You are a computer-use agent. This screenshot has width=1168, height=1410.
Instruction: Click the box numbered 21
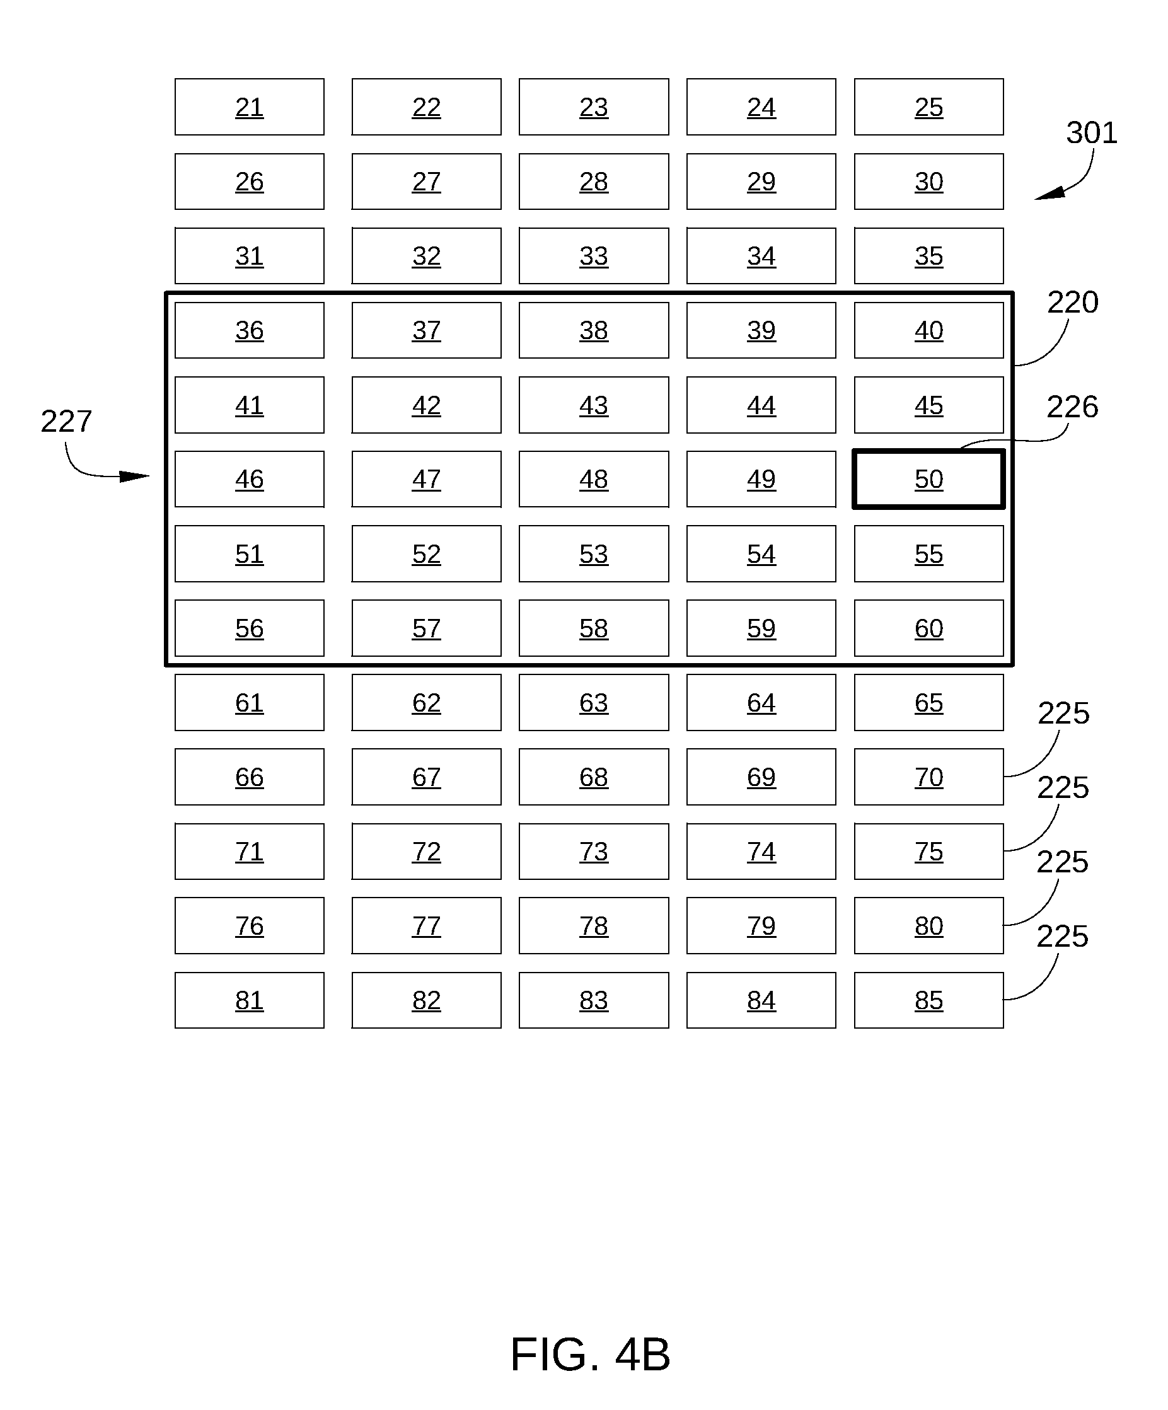249,107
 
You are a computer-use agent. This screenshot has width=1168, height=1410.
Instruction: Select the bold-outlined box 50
928,479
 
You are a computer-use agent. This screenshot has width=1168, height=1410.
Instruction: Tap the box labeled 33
593,256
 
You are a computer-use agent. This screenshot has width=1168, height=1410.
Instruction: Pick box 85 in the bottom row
928,1000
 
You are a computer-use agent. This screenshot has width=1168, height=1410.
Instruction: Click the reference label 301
1092,133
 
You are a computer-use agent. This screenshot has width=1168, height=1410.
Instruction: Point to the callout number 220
1073,302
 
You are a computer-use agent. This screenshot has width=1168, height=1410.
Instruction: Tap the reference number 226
1072,407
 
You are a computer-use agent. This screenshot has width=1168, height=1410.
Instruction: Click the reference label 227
66,422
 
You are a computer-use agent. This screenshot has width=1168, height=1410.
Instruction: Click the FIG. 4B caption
590,1355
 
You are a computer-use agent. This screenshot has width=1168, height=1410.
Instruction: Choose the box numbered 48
593,479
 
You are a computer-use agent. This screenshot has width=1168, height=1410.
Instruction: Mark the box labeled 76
249,925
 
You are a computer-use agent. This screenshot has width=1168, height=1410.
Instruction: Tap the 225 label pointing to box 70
1063,713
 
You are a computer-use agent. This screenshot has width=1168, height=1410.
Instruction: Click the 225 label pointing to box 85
1062,936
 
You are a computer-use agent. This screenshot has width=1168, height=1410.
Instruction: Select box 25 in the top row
928,107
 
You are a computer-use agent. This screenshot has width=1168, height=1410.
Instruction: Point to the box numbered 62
426,702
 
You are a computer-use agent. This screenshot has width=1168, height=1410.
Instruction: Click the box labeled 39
761,330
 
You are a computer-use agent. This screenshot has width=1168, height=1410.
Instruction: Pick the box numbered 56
249,628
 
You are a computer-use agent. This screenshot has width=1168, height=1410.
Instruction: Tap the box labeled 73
593,852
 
